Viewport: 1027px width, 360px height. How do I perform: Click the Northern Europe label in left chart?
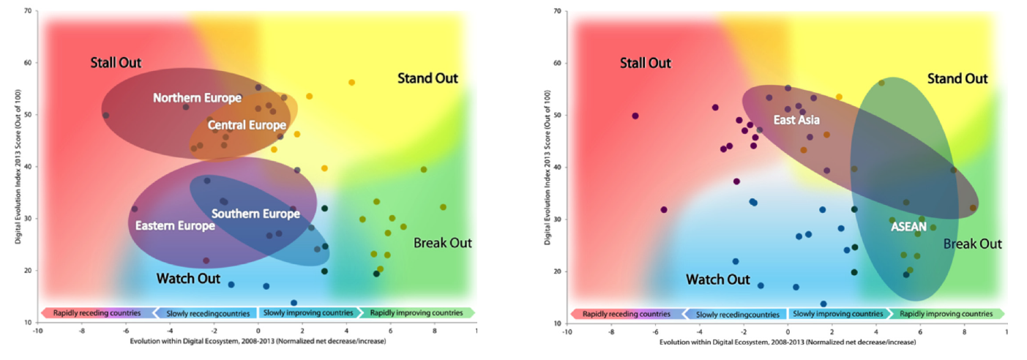coord(197,97)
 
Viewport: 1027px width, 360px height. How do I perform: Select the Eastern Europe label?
coord(175,225)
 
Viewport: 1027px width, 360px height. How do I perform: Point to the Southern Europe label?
coord(255,214)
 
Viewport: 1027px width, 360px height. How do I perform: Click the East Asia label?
coord(796,119)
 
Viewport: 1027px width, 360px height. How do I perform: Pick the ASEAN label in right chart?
coord(908,227)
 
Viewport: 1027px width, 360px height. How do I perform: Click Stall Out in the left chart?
coord(116,62)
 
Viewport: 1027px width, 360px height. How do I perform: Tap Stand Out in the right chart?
coord(957,78)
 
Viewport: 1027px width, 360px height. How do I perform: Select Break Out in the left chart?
coord(443,243)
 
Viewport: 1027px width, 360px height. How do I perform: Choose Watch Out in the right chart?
coord(717,280)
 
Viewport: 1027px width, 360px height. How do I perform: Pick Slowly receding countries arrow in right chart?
coord(737,314)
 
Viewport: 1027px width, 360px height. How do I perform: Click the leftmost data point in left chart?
coord(105,116)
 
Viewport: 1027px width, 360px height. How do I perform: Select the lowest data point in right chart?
coord(823,304)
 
